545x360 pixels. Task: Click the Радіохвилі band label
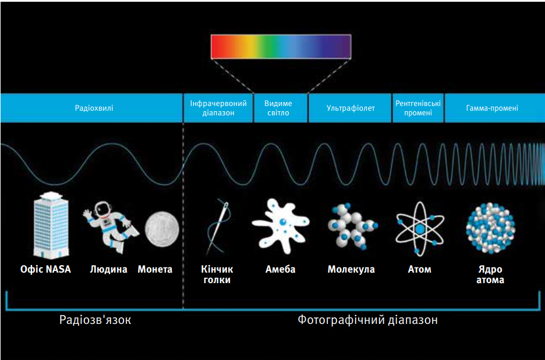point(94,108)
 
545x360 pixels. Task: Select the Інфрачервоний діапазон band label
point(218,108)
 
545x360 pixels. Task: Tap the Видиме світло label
point(278,108)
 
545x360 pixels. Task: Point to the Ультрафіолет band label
point(351,108)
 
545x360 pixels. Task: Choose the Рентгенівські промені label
point(418,108)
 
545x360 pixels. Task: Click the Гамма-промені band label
point(492,108)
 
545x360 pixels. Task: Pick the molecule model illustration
point(352,227)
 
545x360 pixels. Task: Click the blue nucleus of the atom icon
point(420,229)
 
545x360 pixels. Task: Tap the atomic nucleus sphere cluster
point(490,229)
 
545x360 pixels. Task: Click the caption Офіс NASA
point(45,269)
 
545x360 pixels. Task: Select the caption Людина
point(108,269)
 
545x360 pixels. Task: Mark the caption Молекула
point(351,269)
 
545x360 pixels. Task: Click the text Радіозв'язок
point(95,320)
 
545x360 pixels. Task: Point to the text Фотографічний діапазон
point(367,320)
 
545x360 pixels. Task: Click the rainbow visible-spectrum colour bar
point(281,47)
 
